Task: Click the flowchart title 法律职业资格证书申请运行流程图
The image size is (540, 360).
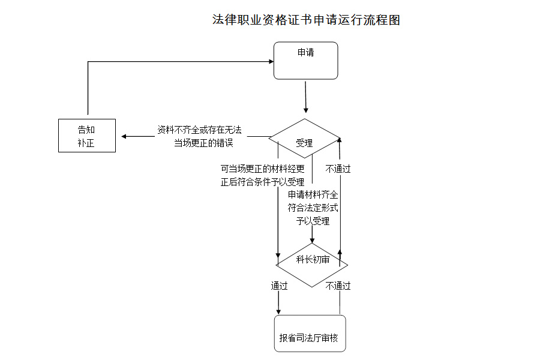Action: click(x=306, y=20)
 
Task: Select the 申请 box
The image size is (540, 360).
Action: click(x=306, y=61)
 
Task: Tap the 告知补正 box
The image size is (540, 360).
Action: click(x=87, y=136)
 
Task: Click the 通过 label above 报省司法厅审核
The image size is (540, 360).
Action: click(x=279, y=286)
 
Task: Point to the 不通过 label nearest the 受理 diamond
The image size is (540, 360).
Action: click(x=338, y=169)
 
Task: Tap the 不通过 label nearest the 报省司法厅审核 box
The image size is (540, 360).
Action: click(x=338, y=286)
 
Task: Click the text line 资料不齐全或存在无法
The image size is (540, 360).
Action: click(x=199, y=130)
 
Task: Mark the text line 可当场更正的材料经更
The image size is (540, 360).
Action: click(x=262, y=169)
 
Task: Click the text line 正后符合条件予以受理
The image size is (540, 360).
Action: click(x=262, y=182)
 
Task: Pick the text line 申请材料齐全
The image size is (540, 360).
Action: click(x=313, y=195)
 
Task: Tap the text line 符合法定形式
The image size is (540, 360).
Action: click(x=313, y=208)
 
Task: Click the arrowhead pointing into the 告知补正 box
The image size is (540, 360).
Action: click(x=124, y=136)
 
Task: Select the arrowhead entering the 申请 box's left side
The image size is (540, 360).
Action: click(x=271, y=61)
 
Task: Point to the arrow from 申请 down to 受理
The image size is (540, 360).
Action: click(x=306, y=96)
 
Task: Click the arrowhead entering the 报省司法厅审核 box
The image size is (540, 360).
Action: click(x=278, y=311)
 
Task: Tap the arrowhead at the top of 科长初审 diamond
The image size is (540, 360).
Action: click(x=312, y=240)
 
